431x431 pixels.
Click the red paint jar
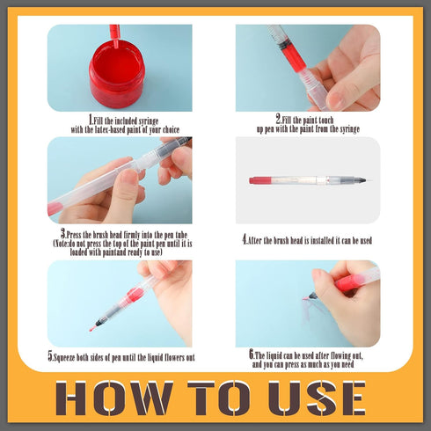pos(117,72)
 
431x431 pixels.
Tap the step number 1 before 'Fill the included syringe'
pos(91,120)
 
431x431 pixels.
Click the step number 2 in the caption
pos(278,119)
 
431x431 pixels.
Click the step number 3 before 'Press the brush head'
pos(63,234)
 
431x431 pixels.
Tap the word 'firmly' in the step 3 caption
pos(131,235)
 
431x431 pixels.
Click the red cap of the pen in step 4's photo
pos(259,180)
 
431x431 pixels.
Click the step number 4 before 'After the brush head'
pos(245,240)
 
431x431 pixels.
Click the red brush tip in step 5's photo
pos(92,328)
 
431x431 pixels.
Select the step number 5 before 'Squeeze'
pos(50,356)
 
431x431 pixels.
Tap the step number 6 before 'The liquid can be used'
pos(252,354)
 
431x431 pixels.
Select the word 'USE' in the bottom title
pos(318,398)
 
